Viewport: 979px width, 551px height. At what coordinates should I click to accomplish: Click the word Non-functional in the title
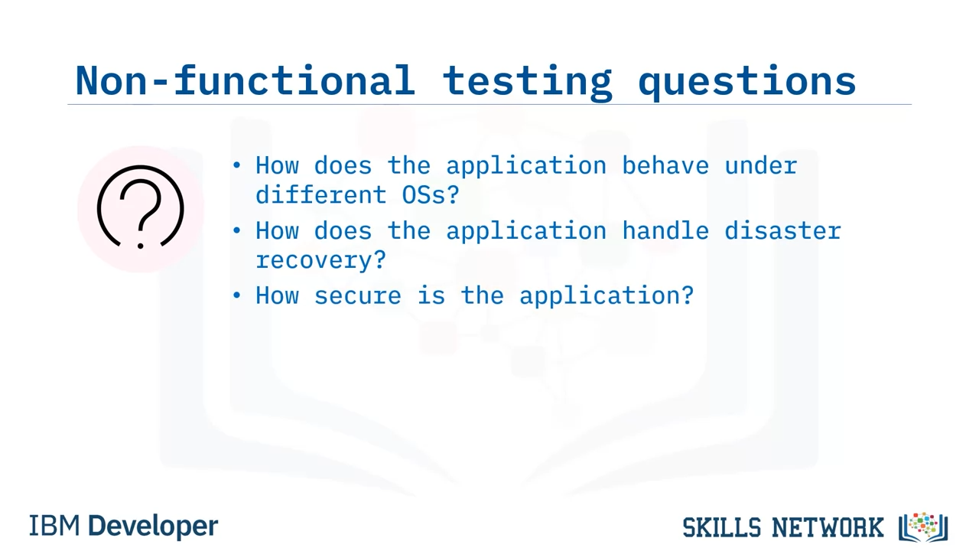point(245,80)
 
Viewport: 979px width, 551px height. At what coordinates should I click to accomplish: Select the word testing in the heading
point(527,83)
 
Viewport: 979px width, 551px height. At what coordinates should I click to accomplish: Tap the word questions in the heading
point(746,83)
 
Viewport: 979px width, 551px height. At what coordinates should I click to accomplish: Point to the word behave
point(665,166)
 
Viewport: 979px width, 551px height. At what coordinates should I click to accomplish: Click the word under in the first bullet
point(761,166)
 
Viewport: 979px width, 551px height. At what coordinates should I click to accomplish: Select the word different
point(320,194)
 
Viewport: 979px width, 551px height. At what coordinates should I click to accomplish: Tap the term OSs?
point(431,194)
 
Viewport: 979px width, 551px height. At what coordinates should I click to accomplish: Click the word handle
point(665,230)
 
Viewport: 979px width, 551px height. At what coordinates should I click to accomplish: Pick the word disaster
point(782,230)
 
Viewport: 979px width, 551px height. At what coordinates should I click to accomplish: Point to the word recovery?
point(320,261)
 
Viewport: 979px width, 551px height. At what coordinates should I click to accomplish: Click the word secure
point(357,295)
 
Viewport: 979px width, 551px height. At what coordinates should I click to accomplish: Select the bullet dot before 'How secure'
point(237,295)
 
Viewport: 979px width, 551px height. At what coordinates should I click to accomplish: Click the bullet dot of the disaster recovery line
point(237,230)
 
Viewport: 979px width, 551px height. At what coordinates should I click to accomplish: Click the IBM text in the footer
point(54,526)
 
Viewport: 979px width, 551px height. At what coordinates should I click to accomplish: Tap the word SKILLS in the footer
point(722,527)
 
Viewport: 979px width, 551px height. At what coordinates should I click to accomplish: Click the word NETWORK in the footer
point(828,527)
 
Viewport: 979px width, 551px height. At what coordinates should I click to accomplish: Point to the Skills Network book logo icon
point(923,528)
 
